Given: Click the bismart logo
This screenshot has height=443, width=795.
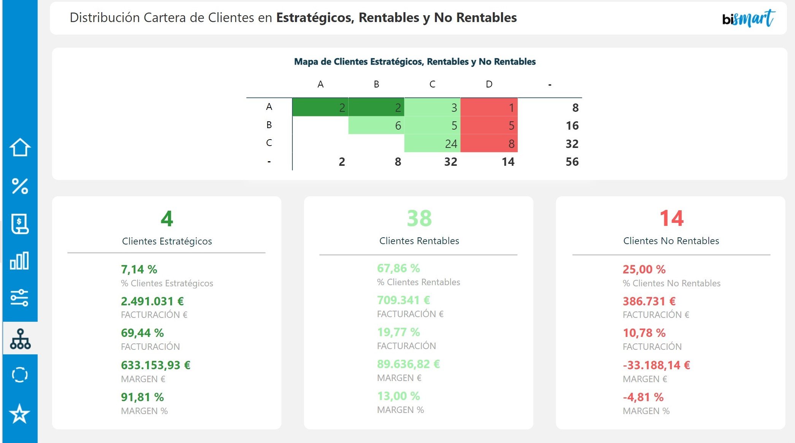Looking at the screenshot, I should (748, 19).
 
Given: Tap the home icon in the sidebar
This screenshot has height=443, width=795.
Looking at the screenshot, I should (20, 148).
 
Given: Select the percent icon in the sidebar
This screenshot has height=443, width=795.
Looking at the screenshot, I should (20, 186).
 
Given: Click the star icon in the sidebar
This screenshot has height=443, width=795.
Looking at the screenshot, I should (19, 414).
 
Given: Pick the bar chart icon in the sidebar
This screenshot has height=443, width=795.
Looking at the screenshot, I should (19, 261).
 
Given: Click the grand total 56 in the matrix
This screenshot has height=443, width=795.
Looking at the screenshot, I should (572, 162).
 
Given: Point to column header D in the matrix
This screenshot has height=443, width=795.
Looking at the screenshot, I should (489, 84).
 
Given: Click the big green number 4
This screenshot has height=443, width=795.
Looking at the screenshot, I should (167, 219).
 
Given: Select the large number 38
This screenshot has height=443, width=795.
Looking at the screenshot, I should (419, 219).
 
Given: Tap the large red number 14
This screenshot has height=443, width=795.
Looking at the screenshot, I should (671, 219).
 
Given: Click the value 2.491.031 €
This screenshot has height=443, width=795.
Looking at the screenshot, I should (152, 301).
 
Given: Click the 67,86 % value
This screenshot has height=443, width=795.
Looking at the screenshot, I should (398, 268).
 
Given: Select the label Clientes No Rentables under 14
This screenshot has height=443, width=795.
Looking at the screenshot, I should (671, 241).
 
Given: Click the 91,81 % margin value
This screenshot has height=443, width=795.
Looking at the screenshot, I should (142, 397).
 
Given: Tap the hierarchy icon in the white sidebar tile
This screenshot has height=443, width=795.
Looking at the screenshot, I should (20, 338).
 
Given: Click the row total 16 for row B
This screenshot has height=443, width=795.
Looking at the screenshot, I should (572, 125).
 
